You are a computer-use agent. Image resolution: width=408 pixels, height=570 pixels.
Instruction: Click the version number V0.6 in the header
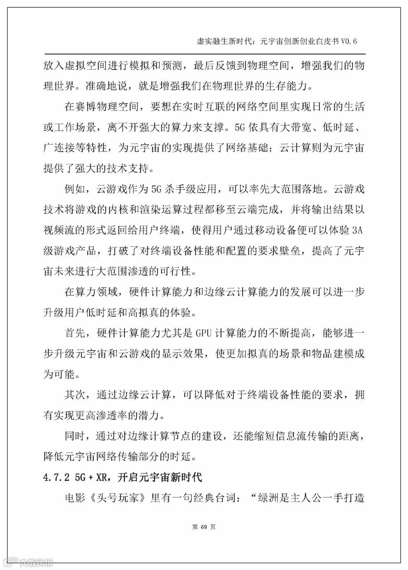tap(349, 41)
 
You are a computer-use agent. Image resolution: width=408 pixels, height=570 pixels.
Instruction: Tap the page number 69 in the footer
tap(204, 527)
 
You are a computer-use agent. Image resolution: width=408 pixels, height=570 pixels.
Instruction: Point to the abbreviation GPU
tap(204, 333)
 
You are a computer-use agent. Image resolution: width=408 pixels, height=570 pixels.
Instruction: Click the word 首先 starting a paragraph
tap(75, 333)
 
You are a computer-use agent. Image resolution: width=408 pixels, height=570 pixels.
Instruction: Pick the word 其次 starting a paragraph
tap(75, 395)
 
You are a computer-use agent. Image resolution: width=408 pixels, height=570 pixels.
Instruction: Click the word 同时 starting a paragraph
tap(75, 436)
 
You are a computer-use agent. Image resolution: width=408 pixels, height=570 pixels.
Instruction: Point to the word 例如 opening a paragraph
tap(75, 189)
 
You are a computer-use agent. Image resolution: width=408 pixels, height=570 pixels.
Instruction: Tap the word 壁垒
tap(290, 251)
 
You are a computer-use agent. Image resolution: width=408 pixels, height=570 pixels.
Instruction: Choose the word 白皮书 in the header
tap(325, 41)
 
